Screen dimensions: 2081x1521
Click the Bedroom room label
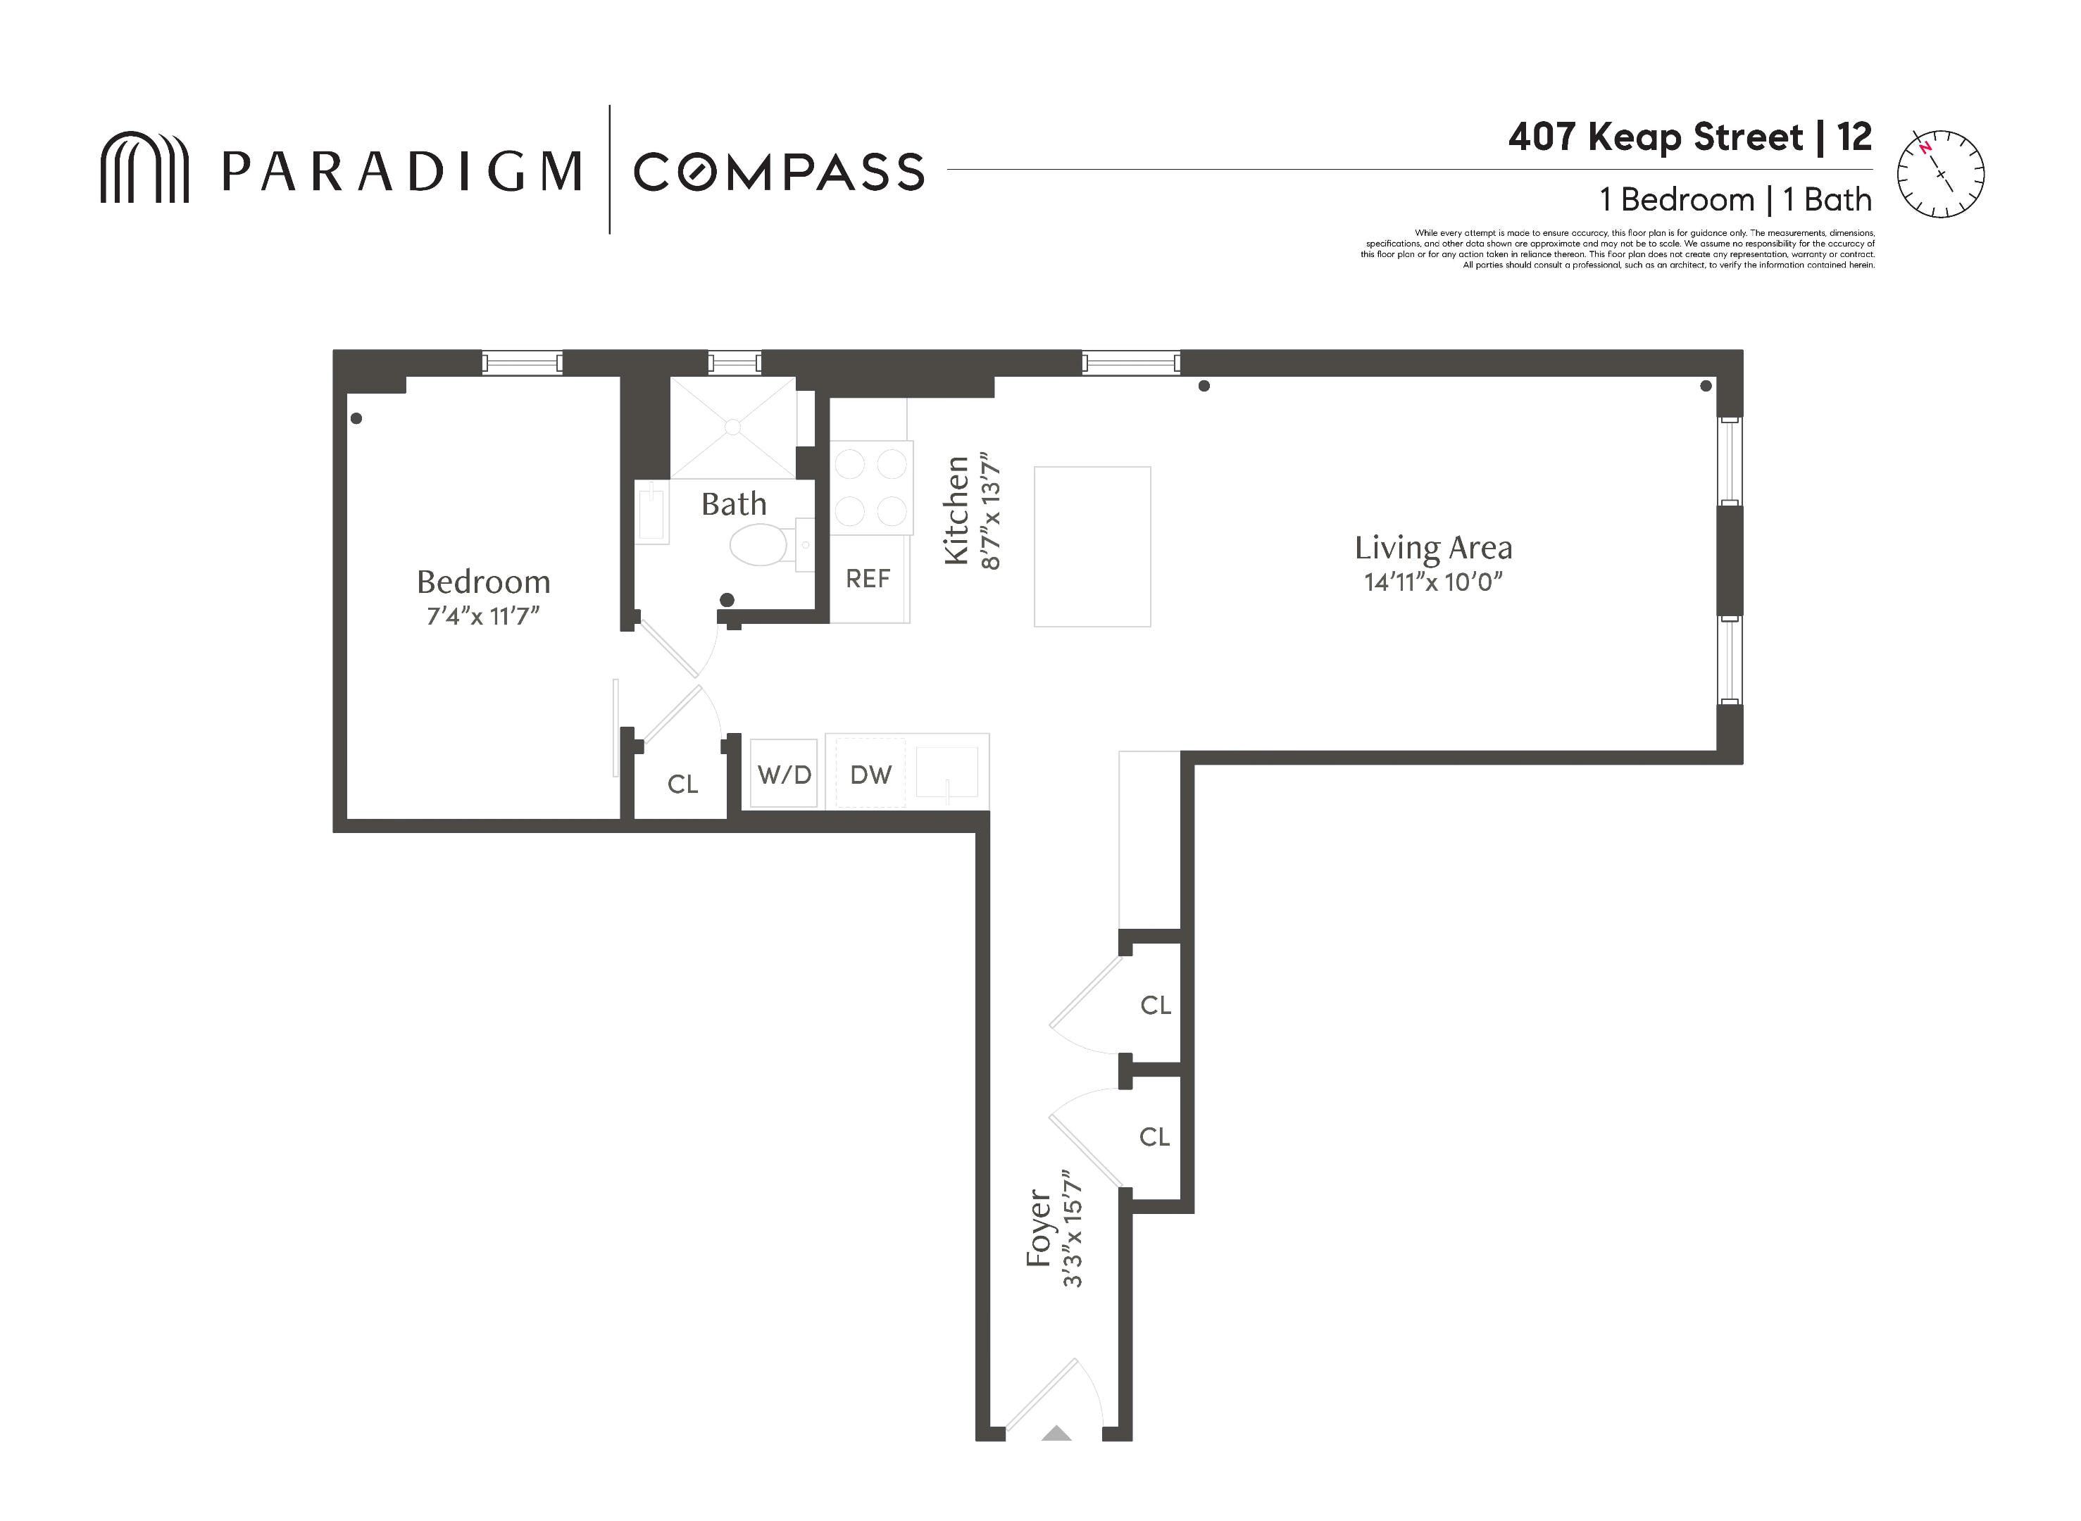click(x=483, y=582)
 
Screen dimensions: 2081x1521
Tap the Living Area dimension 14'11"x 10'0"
click(x=1433, y=582)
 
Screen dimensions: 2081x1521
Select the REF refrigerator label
click(x=868, y=579)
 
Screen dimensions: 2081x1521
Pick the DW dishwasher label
click(x=870, y=775)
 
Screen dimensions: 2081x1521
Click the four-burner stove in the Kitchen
click(x=871, y=487)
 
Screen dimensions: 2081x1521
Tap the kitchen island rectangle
click(x=1092, y=547)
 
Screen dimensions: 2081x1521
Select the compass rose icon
click(x=1940, y=174)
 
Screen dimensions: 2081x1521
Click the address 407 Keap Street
click(x=1656, y=138)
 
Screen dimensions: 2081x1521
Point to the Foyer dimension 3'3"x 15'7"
click(x=1072, y=1228)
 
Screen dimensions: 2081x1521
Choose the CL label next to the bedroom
click(x=682, y=784)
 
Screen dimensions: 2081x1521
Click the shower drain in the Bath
click(x=732, y=427)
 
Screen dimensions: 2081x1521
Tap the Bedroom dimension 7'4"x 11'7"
click(x=483, y=616)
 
